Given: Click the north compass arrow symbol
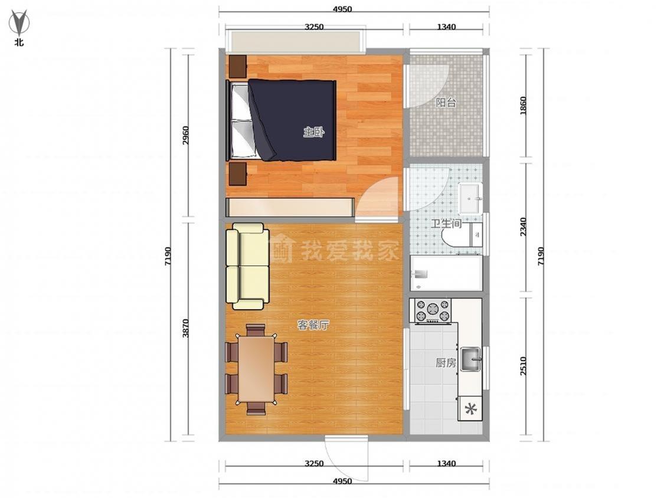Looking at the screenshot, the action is (x=19, y=23).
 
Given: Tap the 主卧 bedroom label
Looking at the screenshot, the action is (x=313, y=133).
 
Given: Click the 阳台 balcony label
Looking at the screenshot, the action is (x=446, y=103).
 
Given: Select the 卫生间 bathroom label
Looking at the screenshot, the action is (x=446, y=223).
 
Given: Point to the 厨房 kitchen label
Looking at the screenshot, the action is (x=446, y=363).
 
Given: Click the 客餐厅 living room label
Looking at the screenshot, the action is (x=313, y=325).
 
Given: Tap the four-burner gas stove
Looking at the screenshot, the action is (x=433, y=312).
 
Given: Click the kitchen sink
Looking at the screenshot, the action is (x=471, y=359).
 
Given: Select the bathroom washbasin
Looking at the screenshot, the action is (x=470, y=198).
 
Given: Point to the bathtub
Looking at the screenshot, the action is (x=446, y=273).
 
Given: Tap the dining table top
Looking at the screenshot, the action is (x=256, y=368).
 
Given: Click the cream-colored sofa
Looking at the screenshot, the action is (x=248, y=266).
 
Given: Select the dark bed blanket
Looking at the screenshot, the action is (x=293, y=120).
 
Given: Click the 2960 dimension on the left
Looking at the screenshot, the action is (x=185, y=135).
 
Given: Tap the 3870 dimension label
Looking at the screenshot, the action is (x=185, y=328).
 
